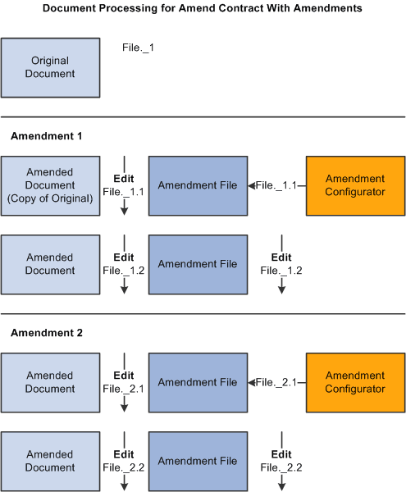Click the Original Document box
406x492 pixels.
50,67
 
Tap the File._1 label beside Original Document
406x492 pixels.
138,48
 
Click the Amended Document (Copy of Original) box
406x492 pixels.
50,185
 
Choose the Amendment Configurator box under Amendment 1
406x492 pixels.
355,185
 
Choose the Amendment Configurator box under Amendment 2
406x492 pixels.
355,382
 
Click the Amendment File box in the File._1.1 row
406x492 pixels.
198,185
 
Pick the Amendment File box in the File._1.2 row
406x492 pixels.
198,264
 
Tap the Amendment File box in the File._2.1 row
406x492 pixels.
198,382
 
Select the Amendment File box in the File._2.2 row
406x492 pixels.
198,461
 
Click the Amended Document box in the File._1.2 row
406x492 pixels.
50,264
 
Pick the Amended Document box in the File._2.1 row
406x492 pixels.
50,382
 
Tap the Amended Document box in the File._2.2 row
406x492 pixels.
50,461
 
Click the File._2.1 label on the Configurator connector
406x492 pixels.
276,383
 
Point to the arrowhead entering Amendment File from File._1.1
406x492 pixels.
252,186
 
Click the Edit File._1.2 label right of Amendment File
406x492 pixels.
281,263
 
